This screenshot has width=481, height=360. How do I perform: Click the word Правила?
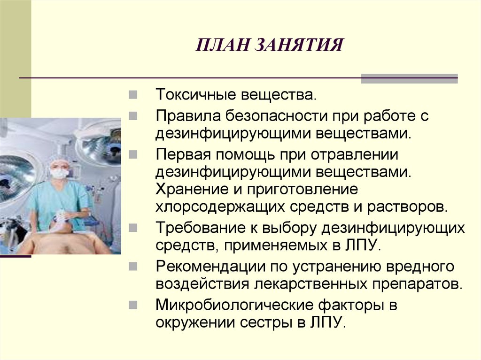click(x=186, y=115)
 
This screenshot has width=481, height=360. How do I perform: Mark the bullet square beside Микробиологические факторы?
click(x=133, y=305)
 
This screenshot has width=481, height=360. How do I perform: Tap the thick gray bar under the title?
click(x=409, y=78)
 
